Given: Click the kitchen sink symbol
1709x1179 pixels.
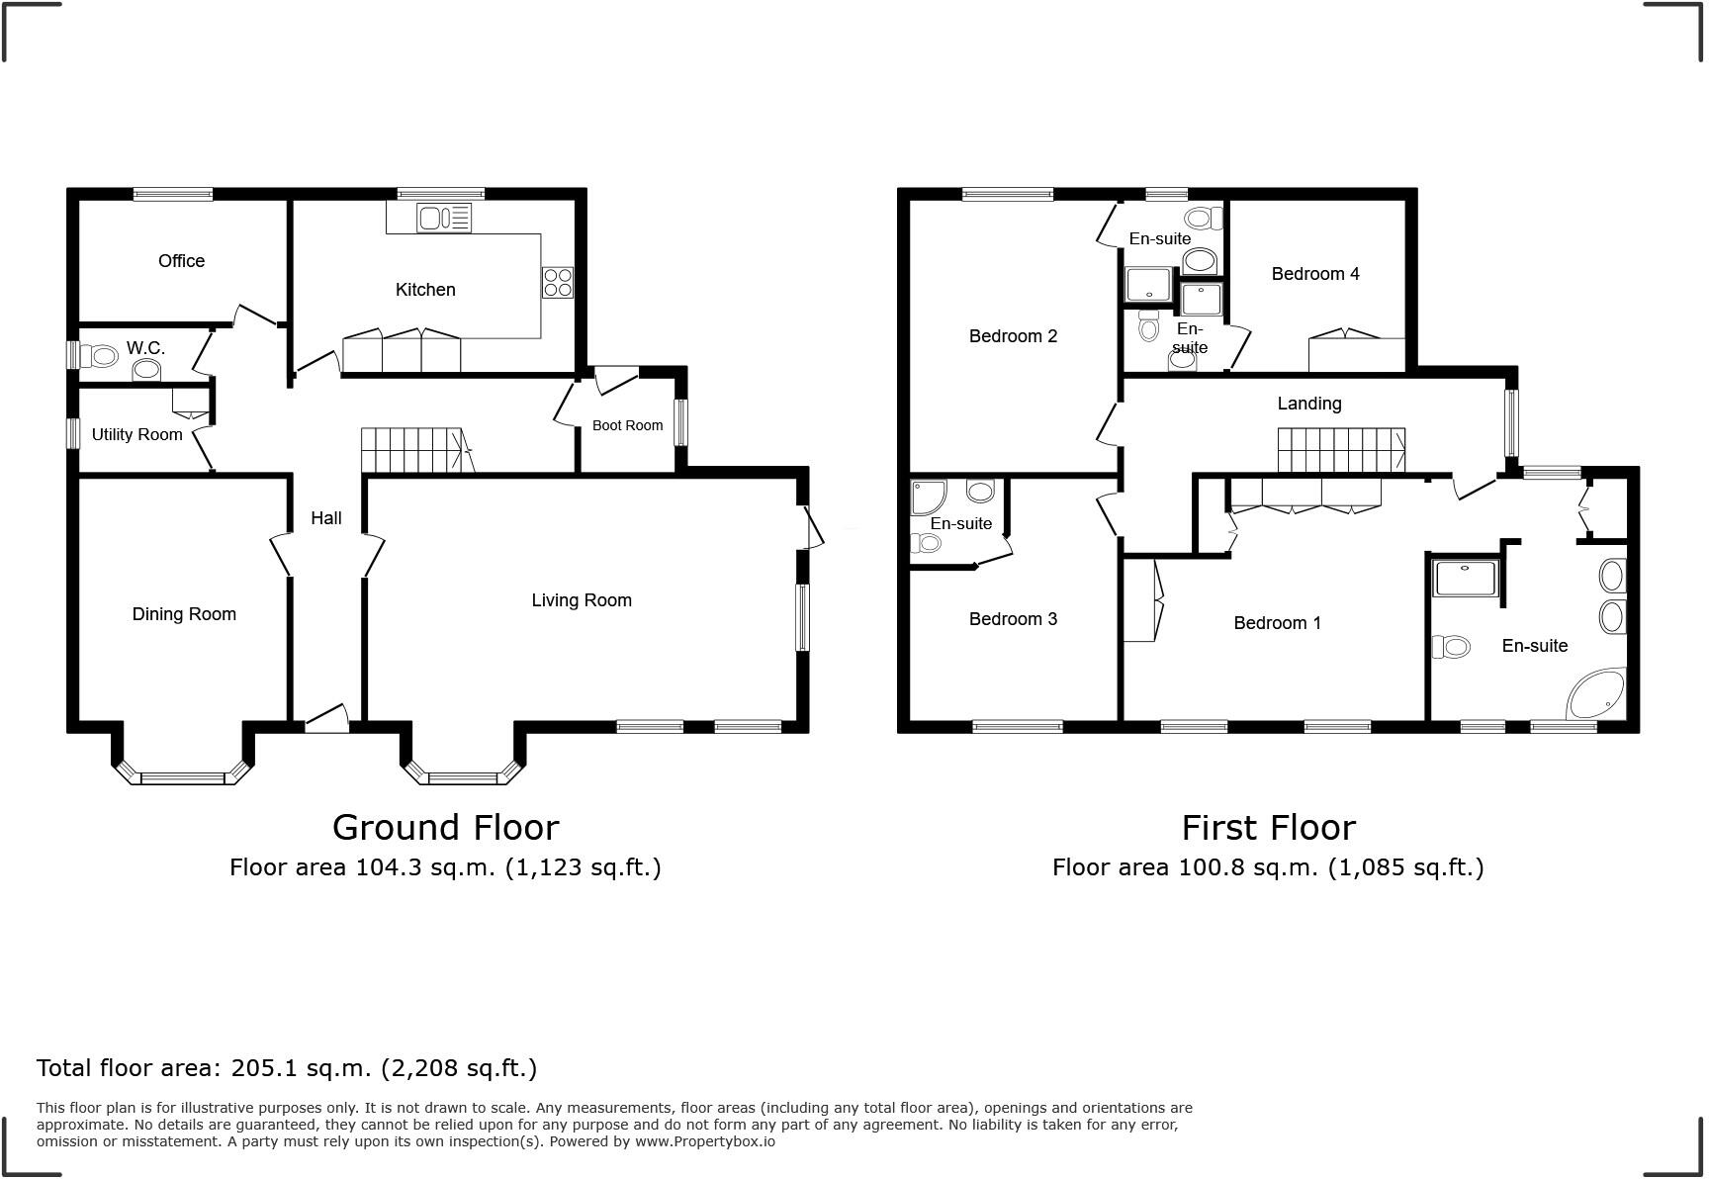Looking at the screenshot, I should pyautogui.click(x=444, y=218).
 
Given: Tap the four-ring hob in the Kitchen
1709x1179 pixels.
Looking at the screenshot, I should pyautogui.click(x=557, y=283).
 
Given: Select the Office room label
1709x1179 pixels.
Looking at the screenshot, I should pyautogui.click(x=181, y=261).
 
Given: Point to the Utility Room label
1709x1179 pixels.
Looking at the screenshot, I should pyautogui.click(x=136, y=434).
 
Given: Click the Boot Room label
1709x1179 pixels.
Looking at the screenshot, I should pyautogui.click(x=627, y=425).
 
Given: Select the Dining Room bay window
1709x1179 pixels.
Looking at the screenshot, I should pyautogui.click(x=184, y=776).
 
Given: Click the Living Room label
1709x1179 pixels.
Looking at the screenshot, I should pyautogui.click(x=581, y=600).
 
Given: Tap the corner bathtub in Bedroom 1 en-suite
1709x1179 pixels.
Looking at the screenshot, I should pyautogui.click(x=1597, y=694).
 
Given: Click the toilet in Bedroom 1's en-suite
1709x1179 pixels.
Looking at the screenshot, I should pyautogui.click(x=1451, y=647).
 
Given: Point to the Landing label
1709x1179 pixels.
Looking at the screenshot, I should pyautogui.click(x=1308, y=404).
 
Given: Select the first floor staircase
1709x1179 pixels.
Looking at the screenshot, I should pyautogui.click(x=1340, y=450).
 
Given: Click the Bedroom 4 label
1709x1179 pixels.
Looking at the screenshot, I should pyautogui.click(x=1314, y=274).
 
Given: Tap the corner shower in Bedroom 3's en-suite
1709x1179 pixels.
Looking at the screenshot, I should pyautogui.click(x=928, y=498).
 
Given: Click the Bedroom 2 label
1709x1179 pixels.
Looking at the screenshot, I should pyautogui.click(x=1013, y=336).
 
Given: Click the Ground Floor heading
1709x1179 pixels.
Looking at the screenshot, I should pyautogui.click(x=445, y=827).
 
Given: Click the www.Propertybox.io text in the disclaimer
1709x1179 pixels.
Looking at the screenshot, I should pyautogui.click(x=704, y=1141).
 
